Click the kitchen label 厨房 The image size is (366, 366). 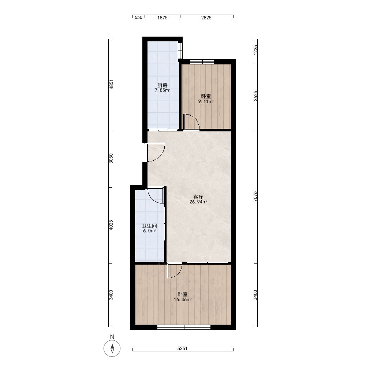pos(162,85)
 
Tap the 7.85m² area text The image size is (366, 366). pos(162,90)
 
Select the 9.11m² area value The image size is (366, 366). pos(206,101)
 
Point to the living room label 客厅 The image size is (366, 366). pos(198,197)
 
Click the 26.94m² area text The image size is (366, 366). pos(198,202)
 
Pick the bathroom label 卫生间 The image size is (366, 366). pos(149,226)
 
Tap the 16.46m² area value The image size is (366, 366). pos(183,300)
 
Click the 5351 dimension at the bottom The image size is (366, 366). pos(183,348)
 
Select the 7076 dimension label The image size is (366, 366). pos(255,196)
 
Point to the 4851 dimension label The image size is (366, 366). pos(111,85)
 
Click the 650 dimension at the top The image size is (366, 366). pos(138,18)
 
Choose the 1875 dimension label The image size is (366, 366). pos(162,18)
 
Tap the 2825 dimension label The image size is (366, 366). pos(206,18)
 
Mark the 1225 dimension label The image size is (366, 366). pos(255,50)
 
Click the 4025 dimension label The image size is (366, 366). pos(111,225)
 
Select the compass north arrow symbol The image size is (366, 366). pos(112,348)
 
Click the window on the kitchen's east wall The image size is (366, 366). pos(180,51)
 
